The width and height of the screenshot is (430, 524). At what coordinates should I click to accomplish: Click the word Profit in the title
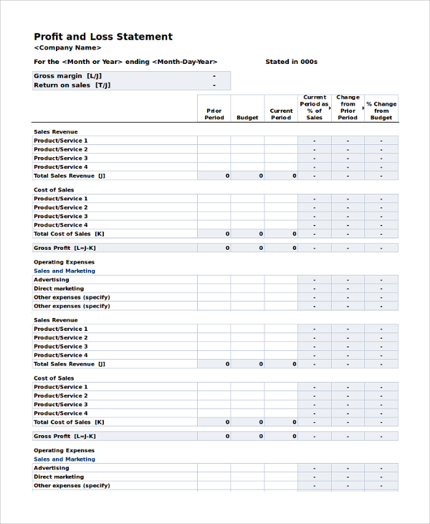[48, 37]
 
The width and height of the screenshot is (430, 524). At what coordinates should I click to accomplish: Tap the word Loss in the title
[98, 37]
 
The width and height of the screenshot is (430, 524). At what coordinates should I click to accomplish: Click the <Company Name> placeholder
[67, 48]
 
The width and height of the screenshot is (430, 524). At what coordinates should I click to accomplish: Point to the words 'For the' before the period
[46, 62]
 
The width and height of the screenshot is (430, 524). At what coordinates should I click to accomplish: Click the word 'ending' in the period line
[137, 62]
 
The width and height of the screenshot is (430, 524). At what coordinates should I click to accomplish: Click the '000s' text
[309, 62]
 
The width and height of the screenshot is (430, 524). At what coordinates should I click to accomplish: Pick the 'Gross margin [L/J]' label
[68, 76]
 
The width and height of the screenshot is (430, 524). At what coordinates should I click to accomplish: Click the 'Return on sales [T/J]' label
[72, 85]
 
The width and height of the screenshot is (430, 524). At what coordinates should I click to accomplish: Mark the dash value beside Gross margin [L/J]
[214, 76]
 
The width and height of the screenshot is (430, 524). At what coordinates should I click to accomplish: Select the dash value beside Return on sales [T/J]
[214, 85]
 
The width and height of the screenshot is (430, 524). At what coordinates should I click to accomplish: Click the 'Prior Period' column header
[214, 114]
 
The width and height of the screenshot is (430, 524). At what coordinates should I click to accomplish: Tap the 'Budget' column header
[247, 118]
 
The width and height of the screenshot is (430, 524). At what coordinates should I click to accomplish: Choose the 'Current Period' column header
[281, 114]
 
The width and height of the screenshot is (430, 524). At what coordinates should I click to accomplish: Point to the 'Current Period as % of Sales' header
[315, 108]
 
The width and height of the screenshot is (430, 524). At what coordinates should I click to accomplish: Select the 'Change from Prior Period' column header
[348, 108]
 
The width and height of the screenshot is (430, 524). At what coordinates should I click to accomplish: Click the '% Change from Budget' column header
[381, 111]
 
